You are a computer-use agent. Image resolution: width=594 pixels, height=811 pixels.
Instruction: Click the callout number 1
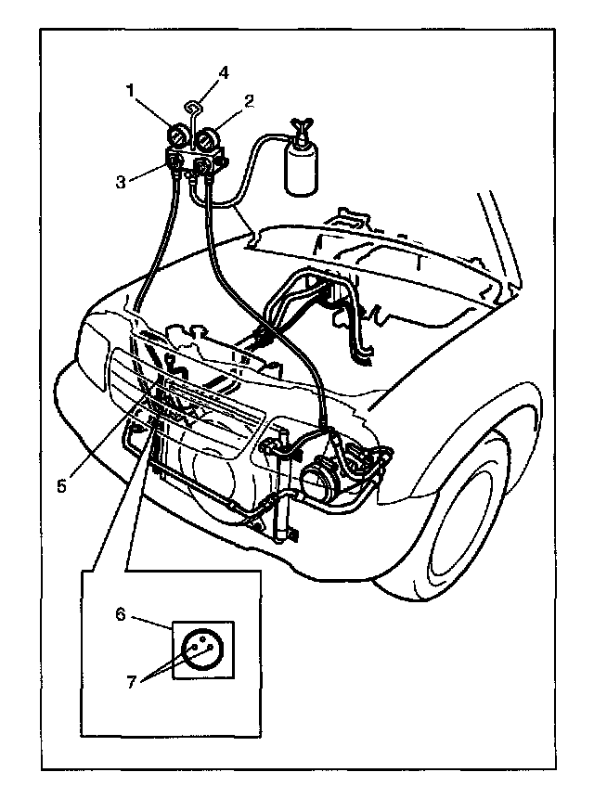132,91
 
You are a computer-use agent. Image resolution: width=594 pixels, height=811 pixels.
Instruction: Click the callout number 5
60,485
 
